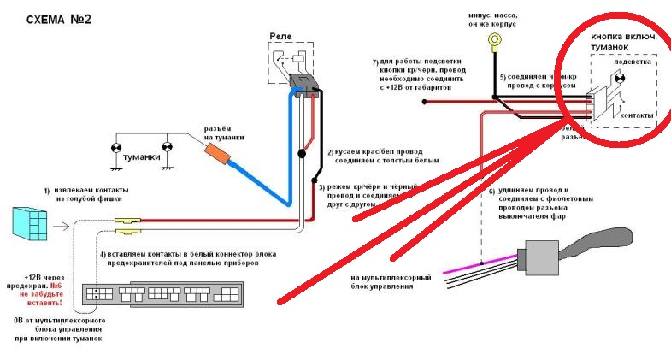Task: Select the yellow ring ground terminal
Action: [494, 39]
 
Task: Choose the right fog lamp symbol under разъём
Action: [168, 148]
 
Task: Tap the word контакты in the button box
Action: [636, 115]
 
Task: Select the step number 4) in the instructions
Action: [103, 255]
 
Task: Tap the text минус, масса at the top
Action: [495, 15]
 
